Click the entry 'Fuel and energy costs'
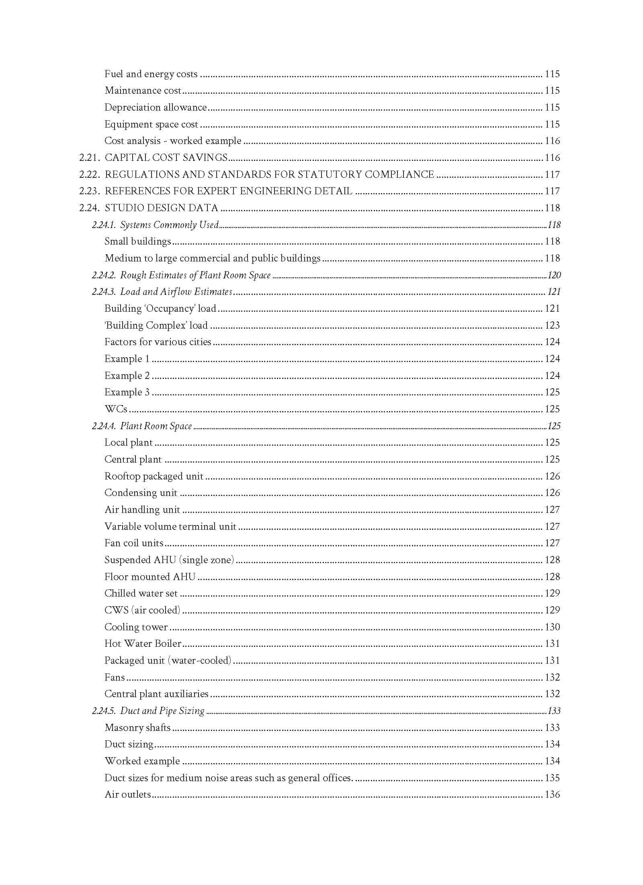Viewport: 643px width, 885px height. pos(151,74)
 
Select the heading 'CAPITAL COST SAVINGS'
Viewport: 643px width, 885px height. pos(166,158)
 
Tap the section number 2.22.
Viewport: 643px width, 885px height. pos(89,175)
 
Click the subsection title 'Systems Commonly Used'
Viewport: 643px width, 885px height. pos(169,225)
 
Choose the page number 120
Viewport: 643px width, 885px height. pos(554,275)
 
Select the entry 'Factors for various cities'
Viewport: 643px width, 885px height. pos(158,342)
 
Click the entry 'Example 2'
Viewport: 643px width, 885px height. pos(127,376)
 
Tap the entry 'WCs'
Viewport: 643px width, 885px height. pos(116,409)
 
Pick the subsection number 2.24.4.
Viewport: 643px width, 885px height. pos(104,426)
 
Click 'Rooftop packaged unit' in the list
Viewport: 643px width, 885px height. pos(154,476)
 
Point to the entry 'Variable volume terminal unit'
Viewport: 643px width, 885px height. pos(170,527)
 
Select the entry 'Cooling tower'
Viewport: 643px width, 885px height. pos(136,627)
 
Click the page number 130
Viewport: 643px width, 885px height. pos(552,627)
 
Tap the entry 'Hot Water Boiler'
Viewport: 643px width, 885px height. pos(143,644)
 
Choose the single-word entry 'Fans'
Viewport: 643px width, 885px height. pos(115,677)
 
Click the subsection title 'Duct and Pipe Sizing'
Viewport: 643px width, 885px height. pos(162,711)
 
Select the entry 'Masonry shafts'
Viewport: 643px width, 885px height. pos(137,728)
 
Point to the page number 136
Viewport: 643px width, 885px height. pos(552,794)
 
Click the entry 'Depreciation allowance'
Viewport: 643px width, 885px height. pos(156,107)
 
